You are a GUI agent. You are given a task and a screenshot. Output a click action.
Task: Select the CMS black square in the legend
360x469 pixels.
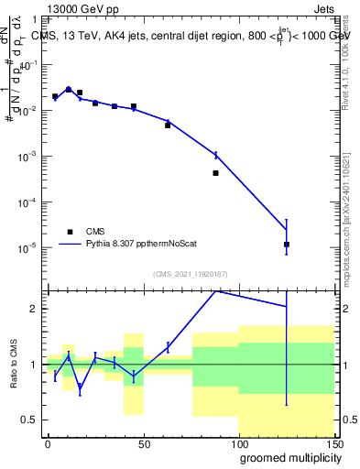(70, 232)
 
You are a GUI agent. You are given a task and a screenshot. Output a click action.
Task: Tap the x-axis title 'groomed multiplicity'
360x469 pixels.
(286, 457)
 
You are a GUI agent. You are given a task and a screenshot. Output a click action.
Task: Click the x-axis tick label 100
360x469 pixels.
(238, 443)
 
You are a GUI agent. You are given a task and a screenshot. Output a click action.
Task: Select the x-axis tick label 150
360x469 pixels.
(333, 443)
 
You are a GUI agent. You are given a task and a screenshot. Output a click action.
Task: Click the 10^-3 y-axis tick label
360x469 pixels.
(29, 156)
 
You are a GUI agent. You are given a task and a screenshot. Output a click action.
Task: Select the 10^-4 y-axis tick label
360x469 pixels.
(29, 202)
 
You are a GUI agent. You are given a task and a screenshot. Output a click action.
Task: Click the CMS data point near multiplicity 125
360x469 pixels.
(287, 245)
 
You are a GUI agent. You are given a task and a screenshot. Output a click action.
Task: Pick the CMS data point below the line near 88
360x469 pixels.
(215, 172)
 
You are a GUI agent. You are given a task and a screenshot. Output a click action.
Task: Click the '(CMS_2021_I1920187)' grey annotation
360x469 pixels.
(191, 274)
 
